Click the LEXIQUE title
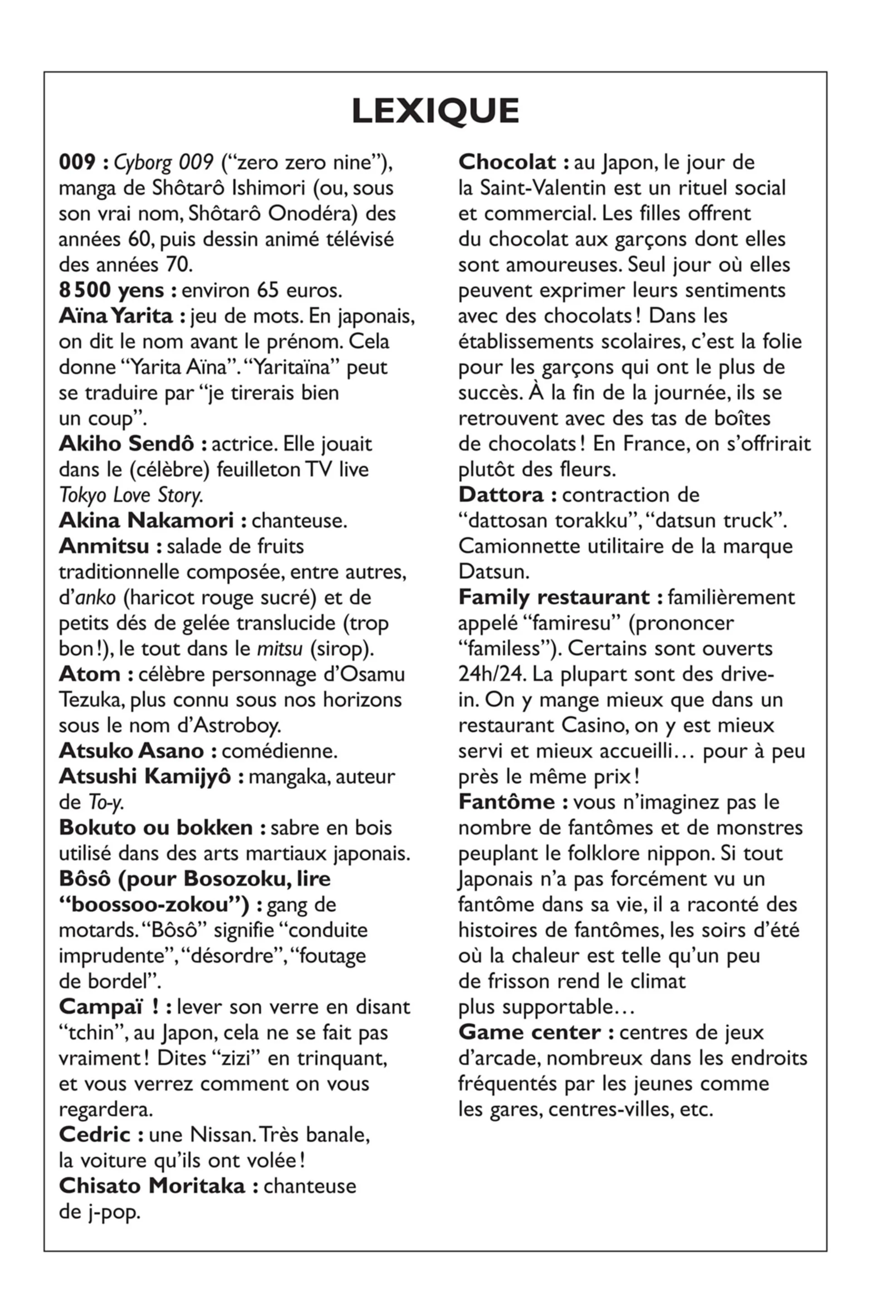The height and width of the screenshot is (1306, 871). (435, 111)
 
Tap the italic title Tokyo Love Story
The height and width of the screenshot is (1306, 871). (131, 495)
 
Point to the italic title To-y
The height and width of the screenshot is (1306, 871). (106, 802)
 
